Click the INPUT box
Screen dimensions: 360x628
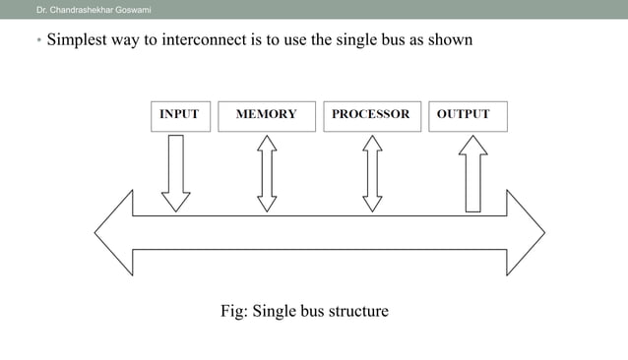pos(178,115)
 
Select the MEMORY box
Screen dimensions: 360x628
pos(267,115)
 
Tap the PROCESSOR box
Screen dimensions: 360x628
pos(371,115)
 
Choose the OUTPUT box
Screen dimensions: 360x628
pos(464,115)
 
